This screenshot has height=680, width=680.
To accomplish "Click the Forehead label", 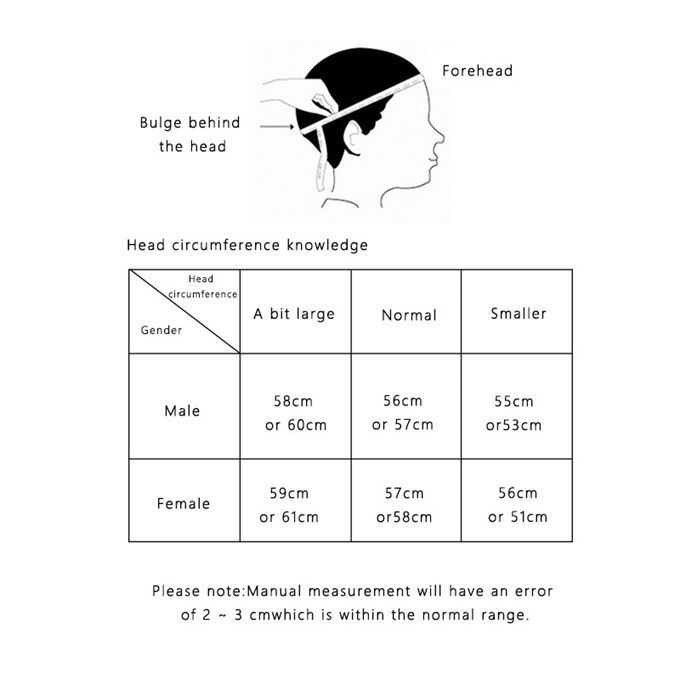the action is tap(477, 71).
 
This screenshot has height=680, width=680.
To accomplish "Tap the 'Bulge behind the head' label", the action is tap(190, 134).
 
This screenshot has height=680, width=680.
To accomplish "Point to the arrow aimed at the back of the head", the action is tap(277, 127).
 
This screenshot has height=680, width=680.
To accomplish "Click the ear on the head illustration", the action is tap(354, 137).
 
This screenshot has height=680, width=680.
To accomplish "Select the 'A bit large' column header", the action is tap(294, 314).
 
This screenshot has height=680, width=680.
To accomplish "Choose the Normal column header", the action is tap(409, 315).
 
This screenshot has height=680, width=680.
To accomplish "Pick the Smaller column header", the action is tap(518, 314).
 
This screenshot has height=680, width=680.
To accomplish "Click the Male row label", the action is tap(182, 411).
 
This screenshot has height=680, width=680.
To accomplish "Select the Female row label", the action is tap(183, 503).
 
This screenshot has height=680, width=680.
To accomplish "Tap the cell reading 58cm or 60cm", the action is tap(296, 413).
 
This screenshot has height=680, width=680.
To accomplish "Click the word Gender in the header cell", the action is tap(161, 330).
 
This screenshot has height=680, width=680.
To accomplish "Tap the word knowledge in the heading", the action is tap(327, 245).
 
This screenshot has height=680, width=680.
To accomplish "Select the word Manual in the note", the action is tap(274, 591).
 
